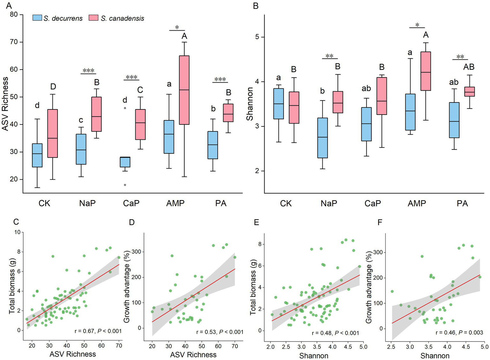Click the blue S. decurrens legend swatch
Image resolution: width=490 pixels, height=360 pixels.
pyautogui.click(x=37, y=18)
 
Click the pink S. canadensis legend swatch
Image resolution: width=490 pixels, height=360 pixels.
pyautogui.click(x=93, y=18)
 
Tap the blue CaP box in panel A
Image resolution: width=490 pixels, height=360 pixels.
pyautogui.click(x=125, y=162)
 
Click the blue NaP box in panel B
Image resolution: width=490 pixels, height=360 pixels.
pyautogui.click(x=322, y=138)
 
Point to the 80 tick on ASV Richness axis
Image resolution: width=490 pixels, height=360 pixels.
pyautogui.click(x=14, y=15)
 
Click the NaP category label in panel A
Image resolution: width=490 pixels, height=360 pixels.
pyautogui.click(x=87, y=203)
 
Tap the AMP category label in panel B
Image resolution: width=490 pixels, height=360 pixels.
pyautogui.click(x=417, y=203)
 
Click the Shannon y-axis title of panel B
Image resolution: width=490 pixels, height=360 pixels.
pyautogui.click(x=250, y=104)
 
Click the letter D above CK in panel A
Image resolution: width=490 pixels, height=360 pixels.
pyautogui.click(x=53, y=86)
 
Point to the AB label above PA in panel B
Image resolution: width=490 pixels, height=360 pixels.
pyautogui.click(x=469, y=67)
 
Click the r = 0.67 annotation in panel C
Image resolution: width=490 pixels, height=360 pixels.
pyautogui.click(x=84, y=331)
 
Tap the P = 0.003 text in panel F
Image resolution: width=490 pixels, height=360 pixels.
pyautogui.click(x=471, y=333)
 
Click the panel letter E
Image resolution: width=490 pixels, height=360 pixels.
pyautogui.click(x=256, y=222)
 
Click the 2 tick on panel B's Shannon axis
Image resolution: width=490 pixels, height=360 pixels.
pyautogui.click(x=257, y=171)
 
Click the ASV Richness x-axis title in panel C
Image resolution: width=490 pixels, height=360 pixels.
pyautogui.click(x=72, y=354)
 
